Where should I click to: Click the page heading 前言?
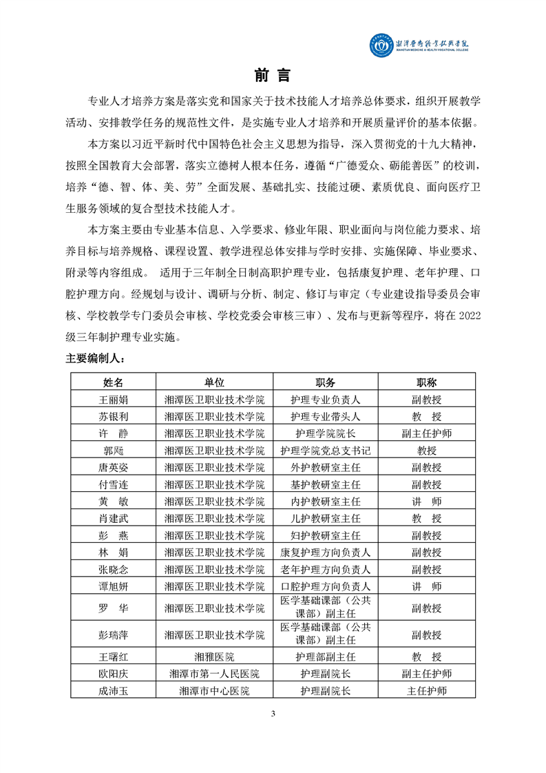pos(273,75)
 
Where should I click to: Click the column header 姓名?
pos(113,382)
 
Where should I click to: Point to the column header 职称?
pos(426,382)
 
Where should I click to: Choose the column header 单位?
pos(214,382)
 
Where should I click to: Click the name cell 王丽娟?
pos(113,399)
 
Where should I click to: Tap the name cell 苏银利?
pos(113,416)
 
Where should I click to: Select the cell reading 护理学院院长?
pos(325,433)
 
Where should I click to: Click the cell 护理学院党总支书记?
pos(325,451)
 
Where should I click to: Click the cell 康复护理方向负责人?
pos(325,552)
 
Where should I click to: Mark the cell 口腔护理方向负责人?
pos(325,586)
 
